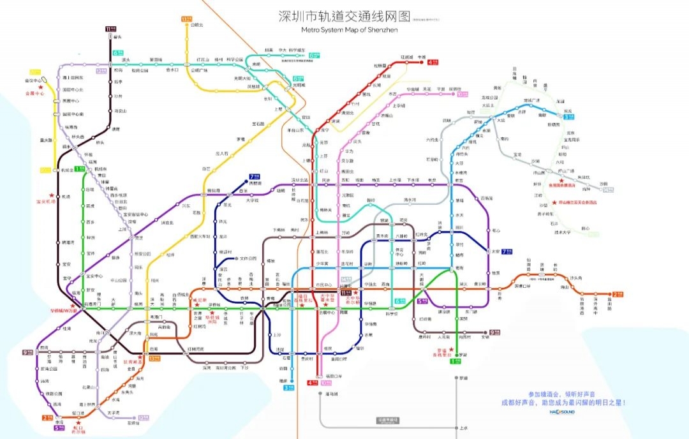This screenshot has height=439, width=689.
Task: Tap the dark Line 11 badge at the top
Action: pos(111,29)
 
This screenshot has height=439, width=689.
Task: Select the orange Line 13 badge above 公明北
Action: pos(186,19)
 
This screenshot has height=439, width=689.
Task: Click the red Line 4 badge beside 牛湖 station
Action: pos(433,62)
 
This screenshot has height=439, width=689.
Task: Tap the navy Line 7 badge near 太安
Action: pos(507,251)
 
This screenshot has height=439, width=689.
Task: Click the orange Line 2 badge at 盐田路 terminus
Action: pos(616,295)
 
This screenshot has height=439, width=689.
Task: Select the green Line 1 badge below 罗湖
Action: pos(455,361)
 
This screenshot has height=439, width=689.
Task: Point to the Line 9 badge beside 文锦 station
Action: pos(494,332)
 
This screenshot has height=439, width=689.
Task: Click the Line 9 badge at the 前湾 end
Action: pos(27,352)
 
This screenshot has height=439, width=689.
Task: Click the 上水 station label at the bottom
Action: pos(463,428)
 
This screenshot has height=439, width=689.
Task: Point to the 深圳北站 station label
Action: pos(300,180)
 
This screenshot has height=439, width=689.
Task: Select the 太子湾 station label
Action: pos(114,412)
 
